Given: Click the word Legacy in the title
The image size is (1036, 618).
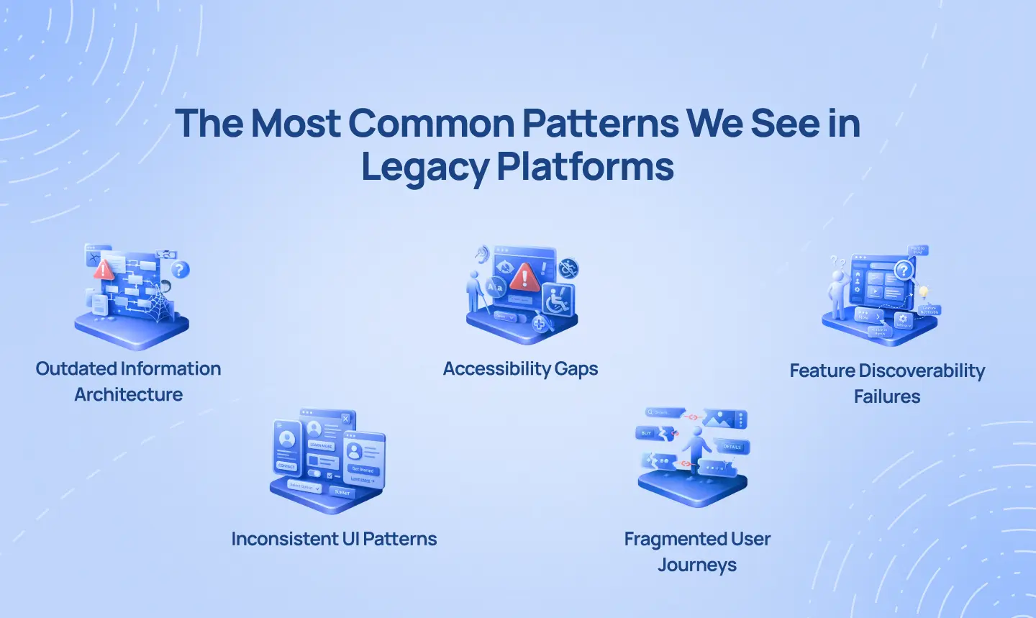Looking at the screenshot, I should click(424, 167).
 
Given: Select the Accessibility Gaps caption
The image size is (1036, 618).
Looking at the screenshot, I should click(520, 368).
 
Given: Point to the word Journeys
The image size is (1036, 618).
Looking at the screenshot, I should click(696, 565).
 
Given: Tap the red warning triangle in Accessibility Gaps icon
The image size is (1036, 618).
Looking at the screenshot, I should click(525, 276).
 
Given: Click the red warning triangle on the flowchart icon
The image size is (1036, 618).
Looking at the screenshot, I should click(104, 270).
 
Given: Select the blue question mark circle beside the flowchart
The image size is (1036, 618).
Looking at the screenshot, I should click(180, 270).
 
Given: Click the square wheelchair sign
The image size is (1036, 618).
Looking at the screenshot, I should click(558, 299).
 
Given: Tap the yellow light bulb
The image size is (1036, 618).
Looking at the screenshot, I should click(924, 292).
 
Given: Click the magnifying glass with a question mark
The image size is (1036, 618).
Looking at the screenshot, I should click(904, 271).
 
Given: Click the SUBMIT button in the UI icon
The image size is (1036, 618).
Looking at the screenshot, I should click(342, 492).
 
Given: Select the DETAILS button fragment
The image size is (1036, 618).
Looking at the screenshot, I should click(732, 447).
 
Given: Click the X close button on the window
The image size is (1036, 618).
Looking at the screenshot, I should click(346, 418).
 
